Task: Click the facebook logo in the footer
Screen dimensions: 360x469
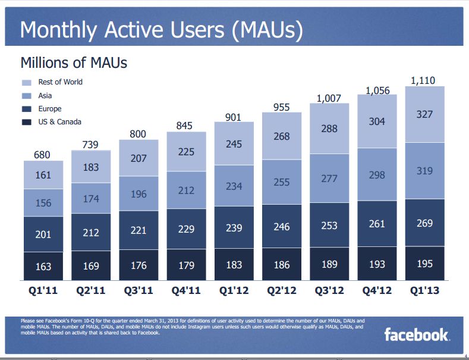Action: click(x=416, y=334)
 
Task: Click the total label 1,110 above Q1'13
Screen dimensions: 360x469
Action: click(x=424, y=79)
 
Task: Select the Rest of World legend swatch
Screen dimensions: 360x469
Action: click(x=27, y=83)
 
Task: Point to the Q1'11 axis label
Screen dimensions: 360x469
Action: click(x=43, y=291)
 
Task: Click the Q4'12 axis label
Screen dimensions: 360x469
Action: click(x=377, y=291)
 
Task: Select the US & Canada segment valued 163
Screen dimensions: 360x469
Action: click(x=43, y=267)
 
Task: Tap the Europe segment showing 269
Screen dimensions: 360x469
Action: click(x=424, y=223)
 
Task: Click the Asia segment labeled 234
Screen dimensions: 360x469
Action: click(x=234, y=186)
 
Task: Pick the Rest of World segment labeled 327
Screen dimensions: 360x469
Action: click(x=424, y=114)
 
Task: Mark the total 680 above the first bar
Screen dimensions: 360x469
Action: click(x=43, y=155)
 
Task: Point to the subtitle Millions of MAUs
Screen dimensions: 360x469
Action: click(x=74, y=62)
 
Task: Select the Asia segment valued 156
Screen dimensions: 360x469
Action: click(x=43, y=203)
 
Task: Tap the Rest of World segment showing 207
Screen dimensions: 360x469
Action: click(x=139, y=158)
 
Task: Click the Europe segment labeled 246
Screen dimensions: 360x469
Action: click(x=282, y=226)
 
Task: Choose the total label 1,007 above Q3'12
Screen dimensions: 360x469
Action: click(x=329, y=98)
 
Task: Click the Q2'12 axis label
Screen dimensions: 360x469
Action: click(x=282, y=291)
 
